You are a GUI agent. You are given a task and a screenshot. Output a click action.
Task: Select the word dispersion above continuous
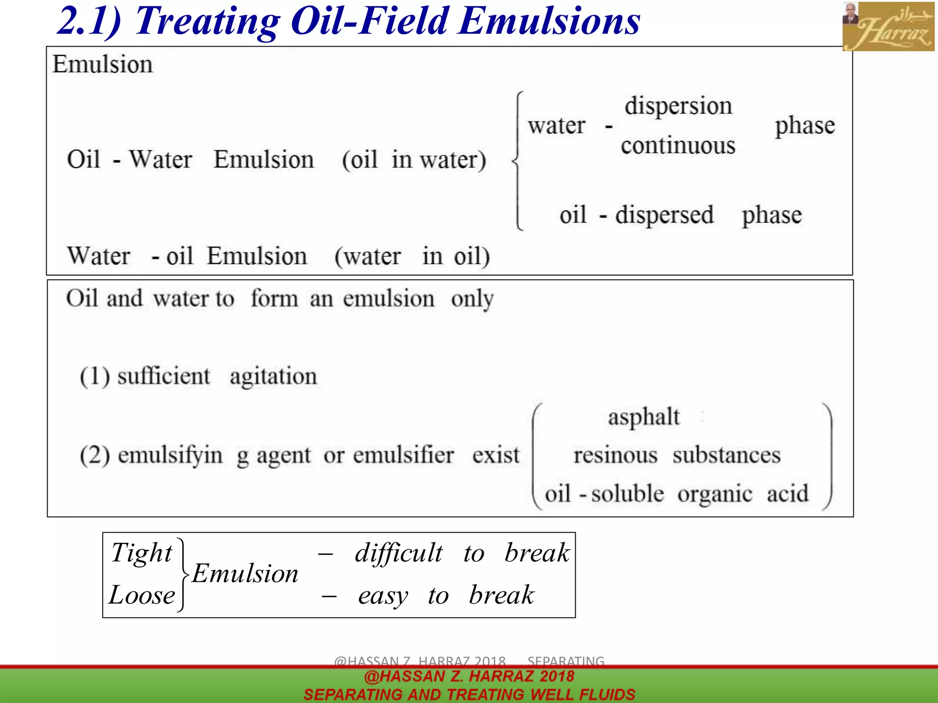tap(678, 106)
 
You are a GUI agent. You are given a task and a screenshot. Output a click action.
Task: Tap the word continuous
tap(678, 146)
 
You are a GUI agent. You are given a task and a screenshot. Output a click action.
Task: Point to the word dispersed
tap(664, 215)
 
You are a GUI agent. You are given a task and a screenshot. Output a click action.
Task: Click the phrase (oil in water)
tap(414, 160)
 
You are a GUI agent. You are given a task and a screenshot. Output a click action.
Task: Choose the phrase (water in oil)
tap(412, 256)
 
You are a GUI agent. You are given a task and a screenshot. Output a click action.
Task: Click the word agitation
tap(273, 377)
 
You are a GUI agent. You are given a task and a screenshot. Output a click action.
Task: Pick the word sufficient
tap(164, 377)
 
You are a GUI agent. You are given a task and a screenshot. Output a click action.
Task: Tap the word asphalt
tap(644, 417)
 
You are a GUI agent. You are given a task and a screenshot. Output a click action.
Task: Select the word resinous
tap(615, 455)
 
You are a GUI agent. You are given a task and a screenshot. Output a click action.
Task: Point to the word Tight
tap(142, 553)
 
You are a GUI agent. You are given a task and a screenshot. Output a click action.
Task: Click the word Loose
tap(142, 595)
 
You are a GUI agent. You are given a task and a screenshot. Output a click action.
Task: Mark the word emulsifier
tap(404, 455)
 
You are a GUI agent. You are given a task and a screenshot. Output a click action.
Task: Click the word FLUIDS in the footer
tap(607, 694)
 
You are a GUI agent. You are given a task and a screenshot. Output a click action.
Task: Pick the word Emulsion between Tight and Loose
tap(245, 574)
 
